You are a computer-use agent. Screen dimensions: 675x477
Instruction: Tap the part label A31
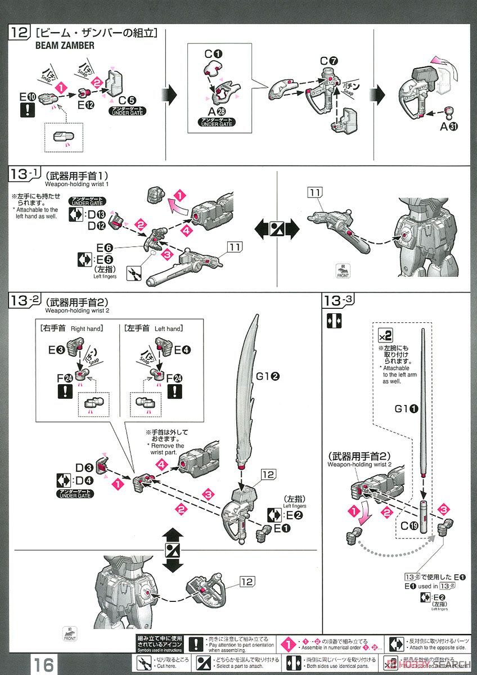point(448,126)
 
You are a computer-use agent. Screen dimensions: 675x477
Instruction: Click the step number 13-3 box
point(339,300)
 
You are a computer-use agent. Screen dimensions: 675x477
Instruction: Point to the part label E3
point(56,350)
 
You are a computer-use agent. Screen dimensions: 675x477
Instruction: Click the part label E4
point(182,350)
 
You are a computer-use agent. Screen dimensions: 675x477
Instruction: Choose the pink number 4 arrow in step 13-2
point(162,465)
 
